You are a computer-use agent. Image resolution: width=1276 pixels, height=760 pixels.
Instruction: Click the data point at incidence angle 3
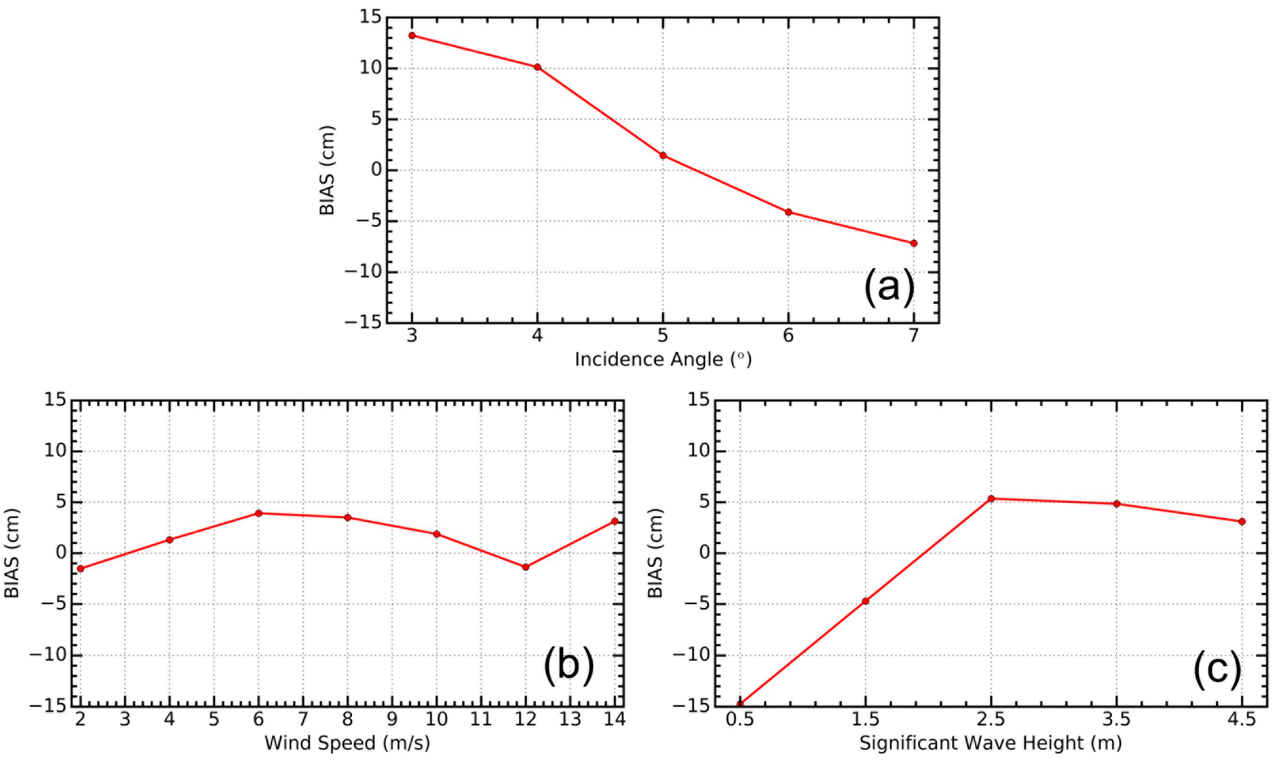click(x=412, y=35)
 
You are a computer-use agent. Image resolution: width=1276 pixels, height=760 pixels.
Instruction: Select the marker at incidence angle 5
click(x=663, y=155)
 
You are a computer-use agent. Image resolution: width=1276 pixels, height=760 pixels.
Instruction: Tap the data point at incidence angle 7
click(x=914, y=243)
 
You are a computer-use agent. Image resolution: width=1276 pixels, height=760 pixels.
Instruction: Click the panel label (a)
click(x=889, y=288)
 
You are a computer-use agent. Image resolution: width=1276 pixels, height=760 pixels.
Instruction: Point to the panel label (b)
click(x=569, y=666)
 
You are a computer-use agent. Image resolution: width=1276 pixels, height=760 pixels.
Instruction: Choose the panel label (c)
click(x=1217, y=670)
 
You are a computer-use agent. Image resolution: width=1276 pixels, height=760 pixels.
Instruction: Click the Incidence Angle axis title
click(x=663, y=359)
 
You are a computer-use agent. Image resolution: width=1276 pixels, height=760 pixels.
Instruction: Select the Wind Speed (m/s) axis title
click(x=347, y=743)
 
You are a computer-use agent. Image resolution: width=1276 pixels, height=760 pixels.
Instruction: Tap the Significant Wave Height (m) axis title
click(x=991, y=743)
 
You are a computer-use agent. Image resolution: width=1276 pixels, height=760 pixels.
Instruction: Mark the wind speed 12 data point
click(x=526, y=567)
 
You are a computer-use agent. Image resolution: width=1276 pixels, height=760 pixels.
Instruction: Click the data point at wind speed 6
click(x=259, y=513)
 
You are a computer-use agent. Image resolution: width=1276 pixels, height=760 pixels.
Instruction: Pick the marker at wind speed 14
click(x=615, y=521)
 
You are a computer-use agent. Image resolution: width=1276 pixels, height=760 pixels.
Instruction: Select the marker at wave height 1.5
click(x=866, y=601)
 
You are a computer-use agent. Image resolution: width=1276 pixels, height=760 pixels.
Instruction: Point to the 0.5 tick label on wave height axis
click(x=740, y=720)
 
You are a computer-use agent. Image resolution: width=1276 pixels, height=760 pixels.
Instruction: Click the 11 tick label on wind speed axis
click(x=481, y=720)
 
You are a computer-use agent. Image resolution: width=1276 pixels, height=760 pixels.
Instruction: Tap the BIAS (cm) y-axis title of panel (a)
click(x=327, y=170)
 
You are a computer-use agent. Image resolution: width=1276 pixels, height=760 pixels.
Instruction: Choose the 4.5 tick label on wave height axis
click(x=1242, y=720)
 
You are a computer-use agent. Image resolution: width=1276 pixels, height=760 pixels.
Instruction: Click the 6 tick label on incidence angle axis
click(x=788, y=336)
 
